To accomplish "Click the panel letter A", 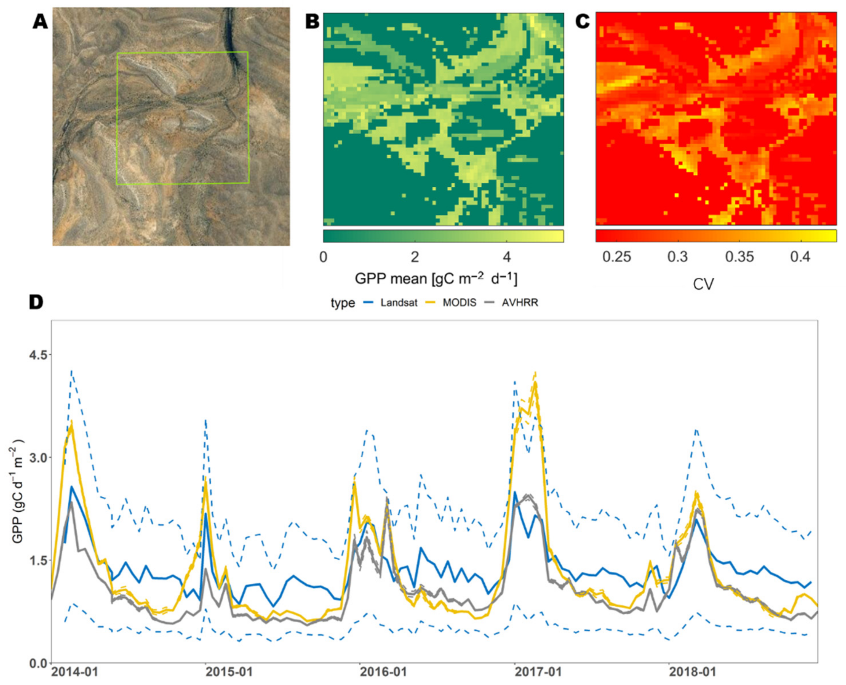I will pyautogui.click(x=40, y=22).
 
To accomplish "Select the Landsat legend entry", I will pyautogui.click(x=398, y=303).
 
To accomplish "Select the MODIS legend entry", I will pyautogui.click(x=459, y=303).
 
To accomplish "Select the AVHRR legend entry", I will pyautogui.click(x=520, y=303).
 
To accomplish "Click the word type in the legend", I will pyautogui.click(x=343, y=303).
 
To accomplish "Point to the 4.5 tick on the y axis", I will pyautogui.click(x=37, y=355).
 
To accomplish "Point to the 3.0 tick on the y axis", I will pyautogui.click(x=37, y=458).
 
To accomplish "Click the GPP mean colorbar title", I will pyautogui.click(x=436, y=279).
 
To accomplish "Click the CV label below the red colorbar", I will pyautogui.click(x=703, y=284).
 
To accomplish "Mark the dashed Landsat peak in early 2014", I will pyautogui.click(x=71, y=371).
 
